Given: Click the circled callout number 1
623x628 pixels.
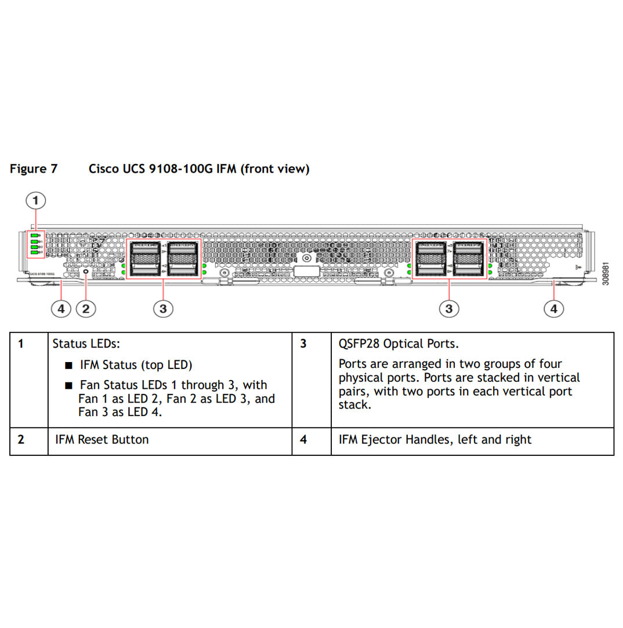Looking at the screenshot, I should (x=36, y=200).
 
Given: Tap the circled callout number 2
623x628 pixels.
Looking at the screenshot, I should (x=86, y=308).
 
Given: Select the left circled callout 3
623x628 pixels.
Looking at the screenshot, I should (x=163, y=308).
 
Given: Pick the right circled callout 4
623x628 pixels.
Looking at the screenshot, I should (x=553, y=308).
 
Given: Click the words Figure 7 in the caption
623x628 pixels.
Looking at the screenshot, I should (x=34, y=169).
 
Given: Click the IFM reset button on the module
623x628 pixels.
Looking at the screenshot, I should (x=86, y=271).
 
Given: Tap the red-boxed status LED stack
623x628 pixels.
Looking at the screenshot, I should (x=35, y=243).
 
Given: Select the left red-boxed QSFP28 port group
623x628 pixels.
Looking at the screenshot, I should (x=164, y=258).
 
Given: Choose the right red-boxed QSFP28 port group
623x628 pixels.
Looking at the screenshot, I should (x=450, y=258).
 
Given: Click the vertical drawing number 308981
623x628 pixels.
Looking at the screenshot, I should (x=606, y=272).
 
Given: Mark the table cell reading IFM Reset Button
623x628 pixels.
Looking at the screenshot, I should (x=102, y=440).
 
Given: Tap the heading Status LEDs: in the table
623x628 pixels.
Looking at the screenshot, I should (x=86, y=344).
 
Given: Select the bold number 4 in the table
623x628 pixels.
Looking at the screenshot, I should (x=303, y=440).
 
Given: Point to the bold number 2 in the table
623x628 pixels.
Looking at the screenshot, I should (x=21, y=439).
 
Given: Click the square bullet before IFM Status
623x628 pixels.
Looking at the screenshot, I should (x=69, y=366).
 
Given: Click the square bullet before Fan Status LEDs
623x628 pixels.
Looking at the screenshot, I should (x=69, y=386).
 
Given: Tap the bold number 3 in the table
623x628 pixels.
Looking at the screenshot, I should (x=303, y=344).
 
